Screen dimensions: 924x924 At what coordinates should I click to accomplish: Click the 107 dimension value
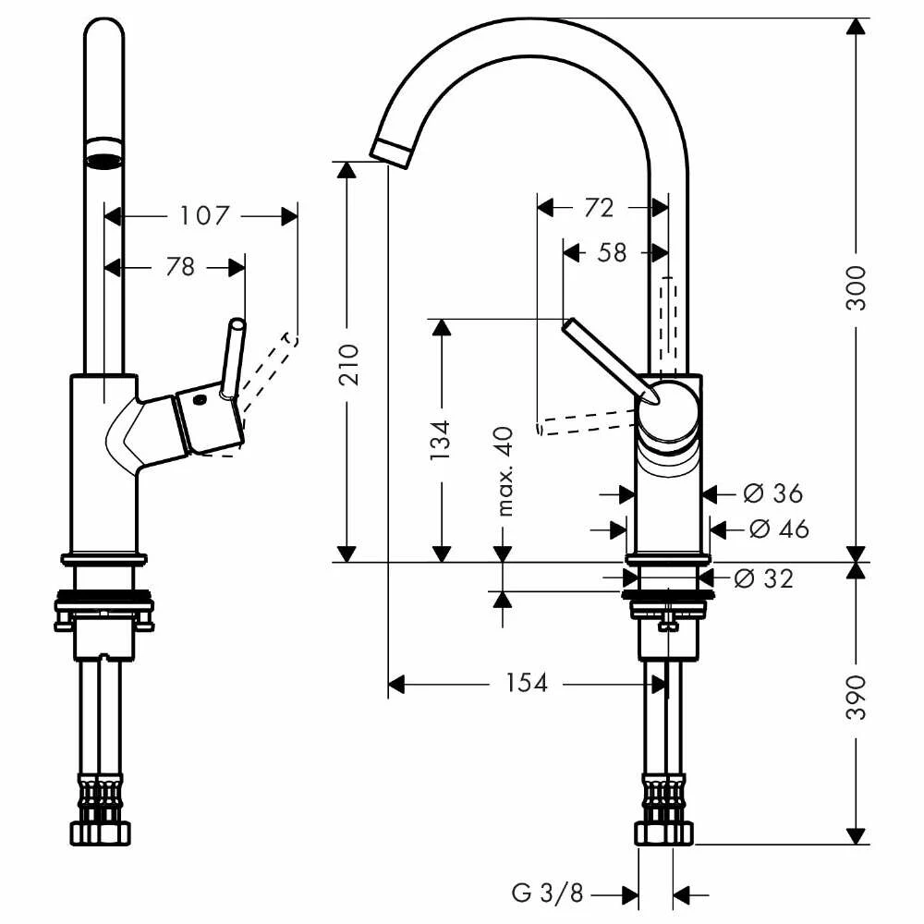click(204, 215)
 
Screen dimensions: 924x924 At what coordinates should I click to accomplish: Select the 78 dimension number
click(180, 267)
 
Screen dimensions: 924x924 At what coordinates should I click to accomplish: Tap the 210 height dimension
click(349, 365)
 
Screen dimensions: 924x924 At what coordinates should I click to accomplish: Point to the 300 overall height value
click(857, 287)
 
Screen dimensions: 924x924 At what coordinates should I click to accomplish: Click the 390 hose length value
click(857, 698)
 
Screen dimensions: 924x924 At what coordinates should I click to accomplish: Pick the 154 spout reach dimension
click(527, 683)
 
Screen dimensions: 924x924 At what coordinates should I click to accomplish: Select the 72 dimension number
click(599, 207)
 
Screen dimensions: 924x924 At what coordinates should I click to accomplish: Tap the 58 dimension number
click(612, 253)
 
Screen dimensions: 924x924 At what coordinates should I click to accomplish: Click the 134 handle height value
click(440, 440)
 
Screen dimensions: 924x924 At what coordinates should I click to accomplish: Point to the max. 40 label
click(505, 471)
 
